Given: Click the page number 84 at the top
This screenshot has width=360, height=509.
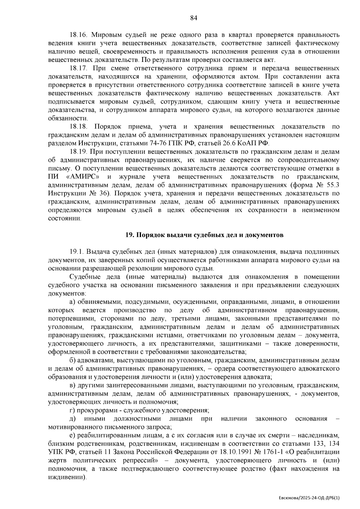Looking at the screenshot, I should [x=193, y=18].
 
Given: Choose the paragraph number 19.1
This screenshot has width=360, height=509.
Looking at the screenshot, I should [x=77, y=252].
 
